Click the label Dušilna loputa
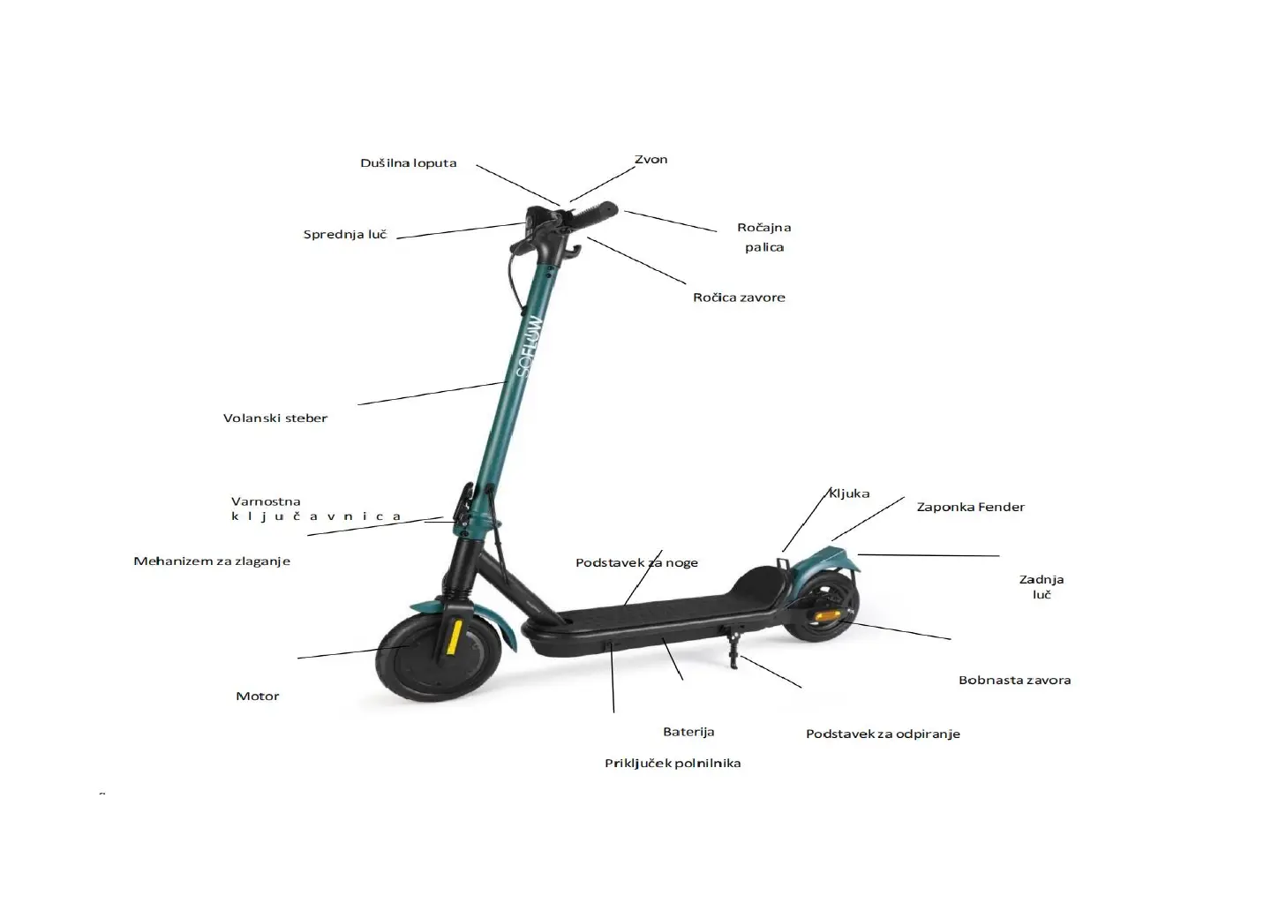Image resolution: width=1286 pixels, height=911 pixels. [x=408, y=163]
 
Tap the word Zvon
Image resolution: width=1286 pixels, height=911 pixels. [x=651, y=160]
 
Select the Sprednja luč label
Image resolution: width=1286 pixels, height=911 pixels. [x=345, y=235]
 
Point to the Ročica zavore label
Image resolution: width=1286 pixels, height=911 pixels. [x=739, y=297]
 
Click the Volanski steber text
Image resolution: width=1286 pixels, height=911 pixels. [x=275, y=418]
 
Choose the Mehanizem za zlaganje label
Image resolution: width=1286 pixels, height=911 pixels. [x=212, y=561]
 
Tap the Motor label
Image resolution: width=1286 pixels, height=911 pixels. [x=258, y=696]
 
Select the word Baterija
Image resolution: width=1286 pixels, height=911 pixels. [x=688, y=732]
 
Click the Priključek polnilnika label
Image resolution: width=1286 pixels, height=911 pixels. [x=673, y=764]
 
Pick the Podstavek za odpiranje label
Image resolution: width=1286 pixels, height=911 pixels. [x=883, y=734]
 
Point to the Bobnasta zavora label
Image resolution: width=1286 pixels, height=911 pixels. [x=1014, y=681]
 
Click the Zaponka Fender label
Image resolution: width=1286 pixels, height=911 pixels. [x=970, y=508]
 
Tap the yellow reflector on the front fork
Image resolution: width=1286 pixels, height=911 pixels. [x=454, y=636]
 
